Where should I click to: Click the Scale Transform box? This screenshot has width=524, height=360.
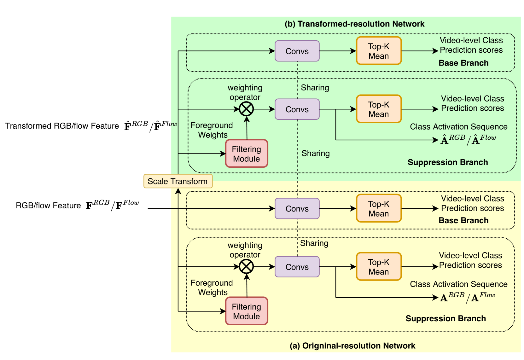178,181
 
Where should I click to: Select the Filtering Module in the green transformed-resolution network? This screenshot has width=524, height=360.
247,154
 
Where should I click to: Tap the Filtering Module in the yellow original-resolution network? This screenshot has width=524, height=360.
247,311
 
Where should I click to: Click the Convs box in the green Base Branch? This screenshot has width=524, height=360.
297,51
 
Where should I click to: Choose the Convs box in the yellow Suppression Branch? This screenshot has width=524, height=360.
297,267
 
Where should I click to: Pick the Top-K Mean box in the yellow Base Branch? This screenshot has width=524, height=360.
379,208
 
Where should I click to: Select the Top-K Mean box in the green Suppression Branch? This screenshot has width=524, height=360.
379,109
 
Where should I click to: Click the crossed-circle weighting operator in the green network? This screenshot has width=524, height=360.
246,109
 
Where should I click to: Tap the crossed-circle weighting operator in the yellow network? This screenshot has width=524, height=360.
246,267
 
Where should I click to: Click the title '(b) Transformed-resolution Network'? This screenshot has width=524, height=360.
354,24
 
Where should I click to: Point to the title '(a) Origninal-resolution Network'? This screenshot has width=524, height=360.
352,346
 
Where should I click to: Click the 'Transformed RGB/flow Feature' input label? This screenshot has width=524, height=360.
62,126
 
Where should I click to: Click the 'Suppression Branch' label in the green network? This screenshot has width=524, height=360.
448,162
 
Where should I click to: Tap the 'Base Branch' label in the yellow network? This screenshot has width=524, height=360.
464,220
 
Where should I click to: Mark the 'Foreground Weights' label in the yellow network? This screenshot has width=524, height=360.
212,287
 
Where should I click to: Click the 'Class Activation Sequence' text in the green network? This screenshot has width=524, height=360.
459,126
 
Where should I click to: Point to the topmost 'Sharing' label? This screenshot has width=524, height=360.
315,88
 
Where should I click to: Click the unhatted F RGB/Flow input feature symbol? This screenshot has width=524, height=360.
113,205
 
